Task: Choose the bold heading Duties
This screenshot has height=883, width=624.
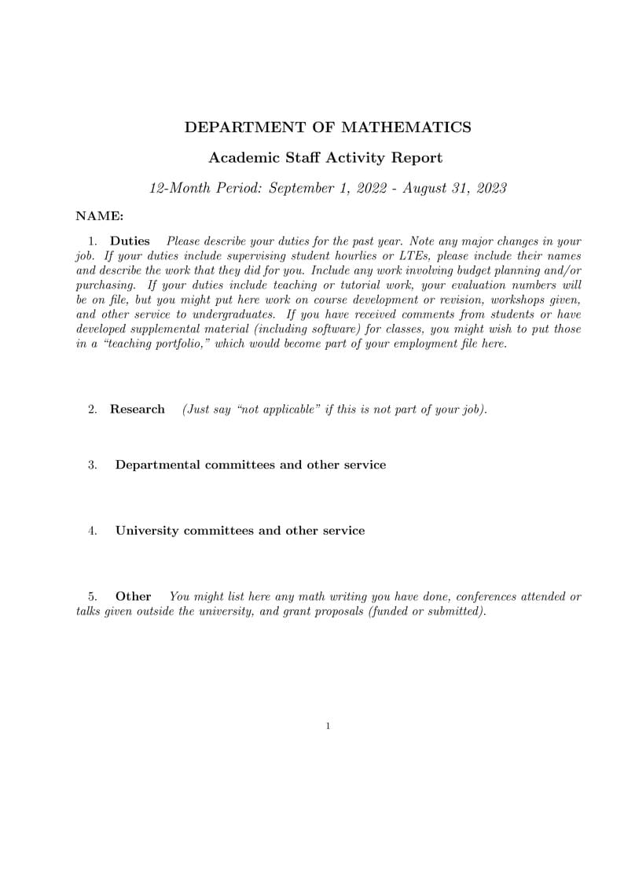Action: (130, 241)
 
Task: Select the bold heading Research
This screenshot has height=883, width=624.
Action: (138, 410)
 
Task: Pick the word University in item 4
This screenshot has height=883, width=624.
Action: (148, 531)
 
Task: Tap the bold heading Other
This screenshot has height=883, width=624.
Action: (133, 597)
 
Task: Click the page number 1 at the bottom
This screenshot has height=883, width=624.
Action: (328, 727)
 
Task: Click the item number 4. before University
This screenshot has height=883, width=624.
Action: (93, 531)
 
